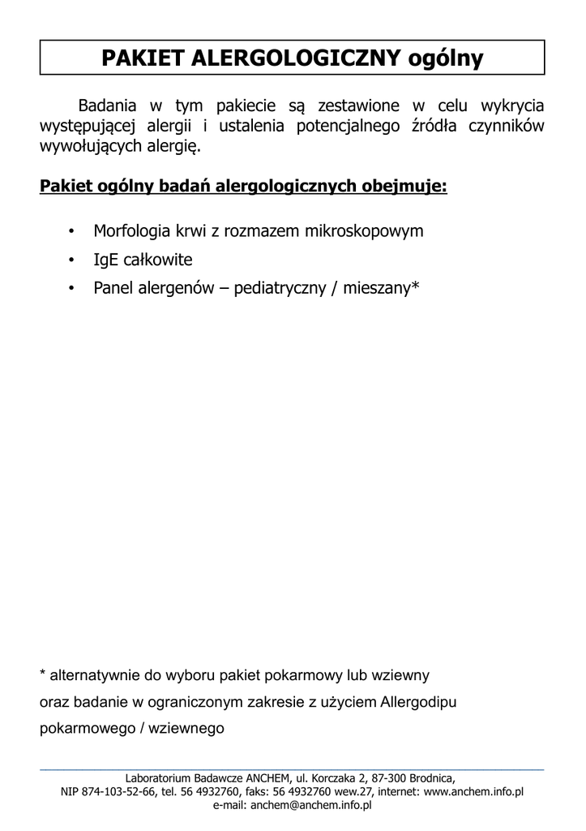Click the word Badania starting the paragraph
pyautogui.click(x=109, y=106)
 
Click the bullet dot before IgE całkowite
pyautogui.click(x=72, y=260)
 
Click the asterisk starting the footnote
pyautogui.click(x=43, y=674)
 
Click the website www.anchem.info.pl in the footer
pyautogui.click(x=473, y=792)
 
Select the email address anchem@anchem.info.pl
pyautogui.click(x=311, y=805)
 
